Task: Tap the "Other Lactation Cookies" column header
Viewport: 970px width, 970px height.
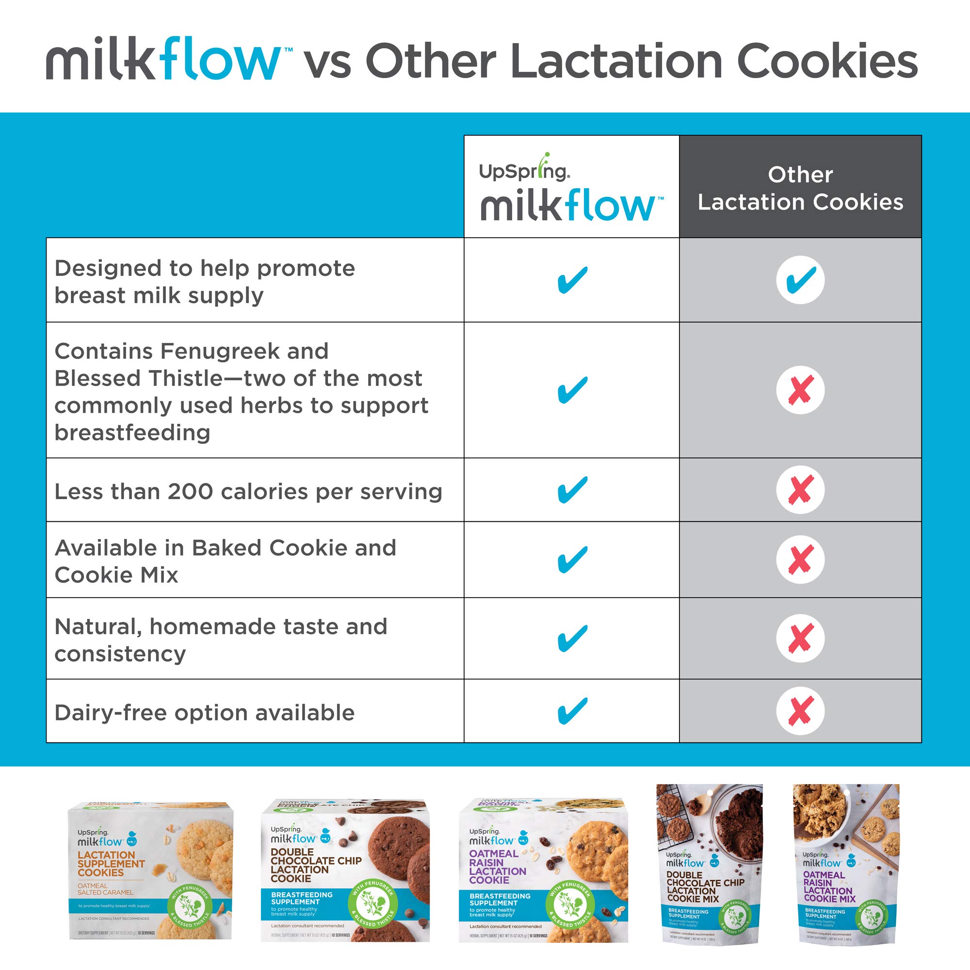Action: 800,188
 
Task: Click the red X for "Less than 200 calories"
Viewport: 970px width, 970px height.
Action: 800,489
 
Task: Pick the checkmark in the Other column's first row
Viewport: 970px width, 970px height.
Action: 800,280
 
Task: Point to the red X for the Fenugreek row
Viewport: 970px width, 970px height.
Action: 800,390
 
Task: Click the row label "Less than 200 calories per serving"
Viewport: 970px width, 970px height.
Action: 248,491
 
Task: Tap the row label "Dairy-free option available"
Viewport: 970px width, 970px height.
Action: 204,712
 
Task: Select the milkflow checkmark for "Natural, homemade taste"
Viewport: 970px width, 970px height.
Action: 572,638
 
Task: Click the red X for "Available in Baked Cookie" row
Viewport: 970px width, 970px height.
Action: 800,559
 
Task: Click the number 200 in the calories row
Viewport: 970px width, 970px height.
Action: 190,491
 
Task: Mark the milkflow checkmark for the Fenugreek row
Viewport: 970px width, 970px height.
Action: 572,390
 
